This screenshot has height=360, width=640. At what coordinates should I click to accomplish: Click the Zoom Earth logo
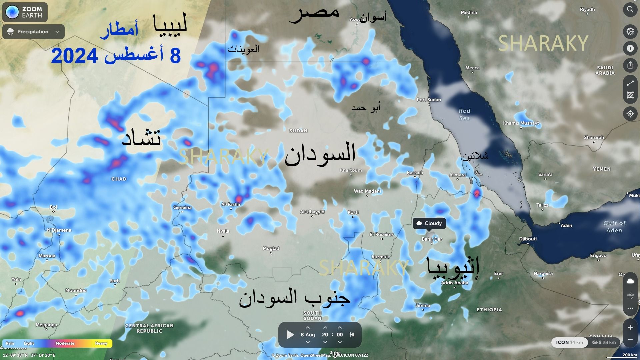click(x=25, y=12)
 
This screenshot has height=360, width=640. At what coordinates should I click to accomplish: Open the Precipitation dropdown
click(x=33, y=32)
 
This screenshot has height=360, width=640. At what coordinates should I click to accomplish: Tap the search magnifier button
click(x=630, y=9)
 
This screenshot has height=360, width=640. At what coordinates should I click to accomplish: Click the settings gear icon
click(x=630, y=31)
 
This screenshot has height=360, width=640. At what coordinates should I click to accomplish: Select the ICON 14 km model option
click(x=569, y=342)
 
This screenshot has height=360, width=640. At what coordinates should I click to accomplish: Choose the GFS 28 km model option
click(x=604, y=342)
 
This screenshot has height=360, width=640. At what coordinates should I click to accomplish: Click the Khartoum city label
click(x=351, y=170)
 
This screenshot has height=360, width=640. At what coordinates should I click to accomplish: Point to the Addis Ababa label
click(x=454, y=283)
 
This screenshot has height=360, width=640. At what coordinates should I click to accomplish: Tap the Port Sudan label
click(x=429, y=100)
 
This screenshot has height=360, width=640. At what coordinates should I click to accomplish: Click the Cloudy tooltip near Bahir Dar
click(x=429, y=223)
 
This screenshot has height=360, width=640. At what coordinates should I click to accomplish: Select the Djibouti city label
click(x=528, y=239)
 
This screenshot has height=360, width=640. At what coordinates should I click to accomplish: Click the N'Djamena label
click(x=59, y=230)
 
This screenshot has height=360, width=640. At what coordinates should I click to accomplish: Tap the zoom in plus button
click(x=630, y=327)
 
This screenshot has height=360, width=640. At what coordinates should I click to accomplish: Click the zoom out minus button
click(x=630, y=339)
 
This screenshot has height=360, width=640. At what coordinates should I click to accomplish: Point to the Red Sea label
click(x=464, y=114)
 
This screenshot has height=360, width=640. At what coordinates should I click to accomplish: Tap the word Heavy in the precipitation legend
click(x=101, y=343)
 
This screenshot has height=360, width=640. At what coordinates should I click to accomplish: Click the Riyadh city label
click(x=587, y=10)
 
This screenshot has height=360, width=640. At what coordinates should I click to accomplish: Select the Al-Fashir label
click(x=231, y=204)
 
